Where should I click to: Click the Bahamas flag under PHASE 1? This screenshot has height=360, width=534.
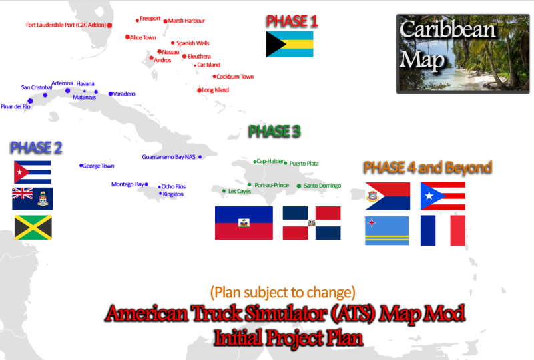290,44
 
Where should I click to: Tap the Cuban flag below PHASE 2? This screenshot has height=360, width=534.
32,172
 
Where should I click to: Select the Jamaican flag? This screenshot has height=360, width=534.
33,227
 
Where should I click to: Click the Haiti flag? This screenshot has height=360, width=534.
244,223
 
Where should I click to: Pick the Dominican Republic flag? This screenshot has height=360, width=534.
312,223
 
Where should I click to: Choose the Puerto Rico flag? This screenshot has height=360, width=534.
443,196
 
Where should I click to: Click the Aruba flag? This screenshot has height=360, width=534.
387,231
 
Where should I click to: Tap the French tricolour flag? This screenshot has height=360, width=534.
443,230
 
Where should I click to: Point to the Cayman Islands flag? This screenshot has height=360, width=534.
33,199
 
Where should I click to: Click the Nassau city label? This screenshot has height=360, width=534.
171,52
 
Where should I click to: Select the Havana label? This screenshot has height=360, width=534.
85,84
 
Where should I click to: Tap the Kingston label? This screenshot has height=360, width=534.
173,194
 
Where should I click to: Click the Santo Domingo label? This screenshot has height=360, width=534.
322,186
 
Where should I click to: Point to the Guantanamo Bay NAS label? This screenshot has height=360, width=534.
169,157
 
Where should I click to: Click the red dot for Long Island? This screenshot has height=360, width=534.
199,90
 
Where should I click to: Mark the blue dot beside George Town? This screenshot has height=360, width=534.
81,166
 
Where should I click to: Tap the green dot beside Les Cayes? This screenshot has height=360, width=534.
224,191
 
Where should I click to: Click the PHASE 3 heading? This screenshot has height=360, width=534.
274,132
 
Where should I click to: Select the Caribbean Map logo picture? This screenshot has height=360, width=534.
463,54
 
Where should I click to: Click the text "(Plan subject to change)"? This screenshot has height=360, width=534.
282,292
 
